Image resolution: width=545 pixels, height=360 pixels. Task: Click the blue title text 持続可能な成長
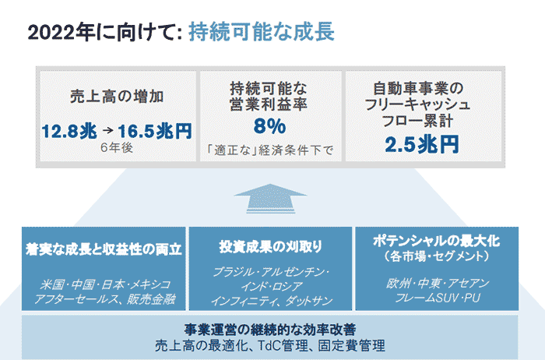(262, 32)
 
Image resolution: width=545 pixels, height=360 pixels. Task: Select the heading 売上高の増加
(117, 97)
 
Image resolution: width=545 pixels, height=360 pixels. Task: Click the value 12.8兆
(69, 132)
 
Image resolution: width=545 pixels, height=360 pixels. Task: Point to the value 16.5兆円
(155, 131)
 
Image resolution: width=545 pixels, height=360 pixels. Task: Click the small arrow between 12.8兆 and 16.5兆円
(108, 131)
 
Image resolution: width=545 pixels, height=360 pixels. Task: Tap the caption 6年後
(117, 147)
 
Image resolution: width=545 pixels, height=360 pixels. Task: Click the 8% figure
(269, 126)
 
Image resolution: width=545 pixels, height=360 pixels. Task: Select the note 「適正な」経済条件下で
(269, 150)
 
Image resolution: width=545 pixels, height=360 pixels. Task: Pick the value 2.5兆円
(422, 144)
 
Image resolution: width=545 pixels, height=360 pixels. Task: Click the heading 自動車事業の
(418, 88)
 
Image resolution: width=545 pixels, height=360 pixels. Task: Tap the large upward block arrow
(270, 198)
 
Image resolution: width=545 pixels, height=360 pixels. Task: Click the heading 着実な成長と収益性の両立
(104, 249)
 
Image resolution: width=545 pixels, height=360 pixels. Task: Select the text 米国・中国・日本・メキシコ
(105, 284)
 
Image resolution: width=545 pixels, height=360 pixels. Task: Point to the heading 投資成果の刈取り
(270, 246)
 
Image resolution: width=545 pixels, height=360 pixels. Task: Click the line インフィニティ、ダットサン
(272, 301)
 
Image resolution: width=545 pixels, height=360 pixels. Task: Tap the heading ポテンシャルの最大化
(437, 241)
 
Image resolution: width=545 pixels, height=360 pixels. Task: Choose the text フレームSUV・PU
(438, 298)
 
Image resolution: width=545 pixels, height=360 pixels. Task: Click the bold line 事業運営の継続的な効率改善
(270, 330)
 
